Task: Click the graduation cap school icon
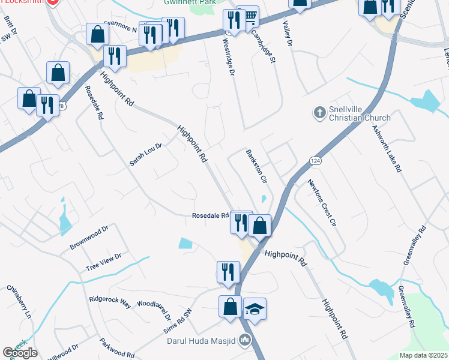(255, 310)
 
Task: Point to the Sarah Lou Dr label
(146, 155)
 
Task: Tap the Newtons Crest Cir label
(322, 203)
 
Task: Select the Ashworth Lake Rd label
(386, 149)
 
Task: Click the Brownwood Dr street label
(88, 238)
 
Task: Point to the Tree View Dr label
(103, 262)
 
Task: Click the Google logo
(20, 353)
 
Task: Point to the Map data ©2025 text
(423, 355)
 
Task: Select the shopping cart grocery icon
(247, 16)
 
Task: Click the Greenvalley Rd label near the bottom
(406, 307)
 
